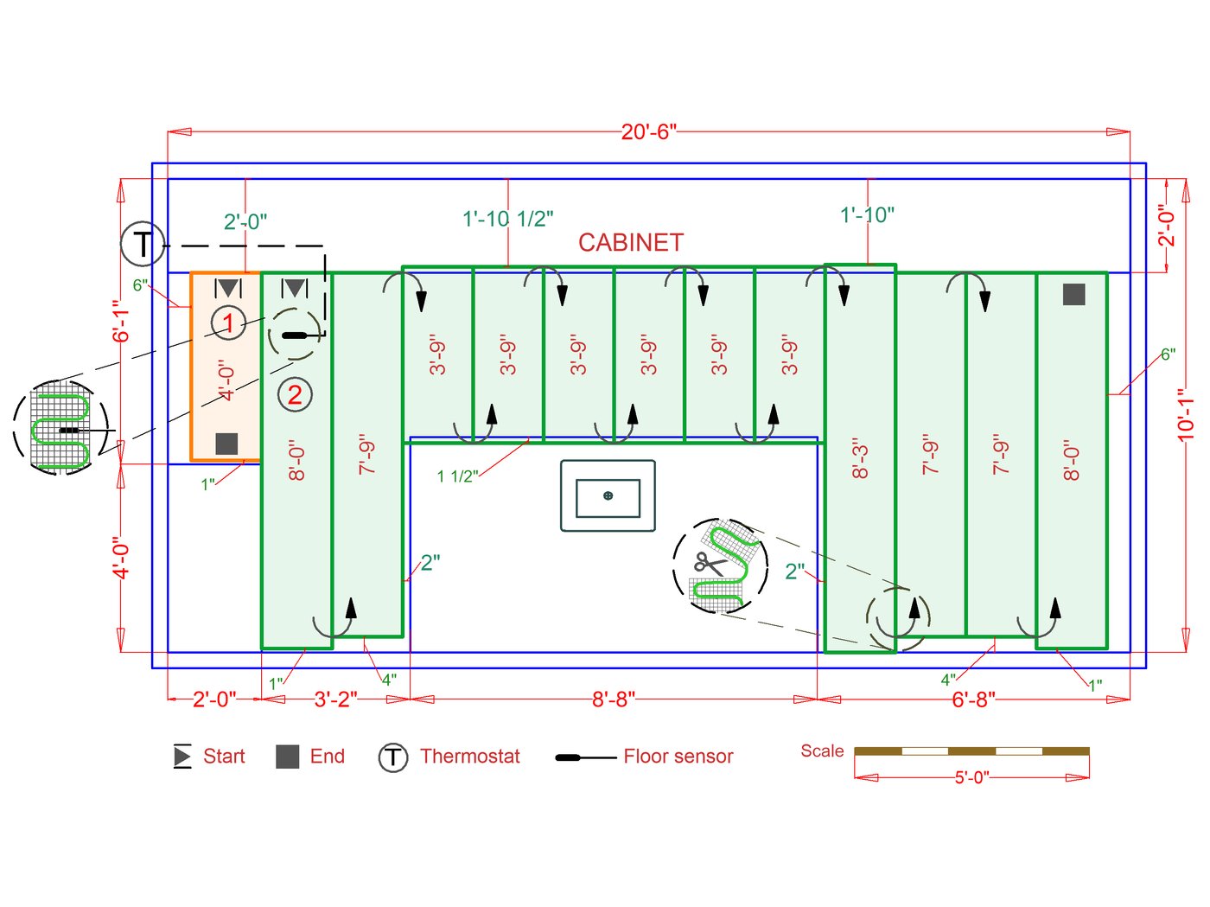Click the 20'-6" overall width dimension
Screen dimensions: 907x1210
(648, 131)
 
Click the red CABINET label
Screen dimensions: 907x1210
(631, 243)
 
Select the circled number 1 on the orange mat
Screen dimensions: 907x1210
(228, 323)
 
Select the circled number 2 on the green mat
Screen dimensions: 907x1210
(295, 395)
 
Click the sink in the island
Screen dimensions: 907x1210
(608, 495)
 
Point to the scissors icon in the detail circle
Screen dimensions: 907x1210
(710, 564)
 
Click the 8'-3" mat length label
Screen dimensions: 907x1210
(860, 458)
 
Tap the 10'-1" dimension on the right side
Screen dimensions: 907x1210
(1186, 414)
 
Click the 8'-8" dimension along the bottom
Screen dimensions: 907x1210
(614, 699)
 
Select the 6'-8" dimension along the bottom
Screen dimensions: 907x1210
(973, 699)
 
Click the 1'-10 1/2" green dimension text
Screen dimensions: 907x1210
(508, 219)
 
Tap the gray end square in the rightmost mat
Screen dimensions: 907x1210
(1073, 295)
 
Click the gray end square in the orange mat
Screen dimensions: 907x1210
(226, 444)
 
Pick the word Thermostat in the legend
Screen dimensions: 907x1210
(470, 757)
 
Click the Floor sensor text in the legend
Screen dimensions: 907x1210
(678, 757)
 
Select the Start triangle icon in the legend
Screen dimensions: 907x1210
(182, 757)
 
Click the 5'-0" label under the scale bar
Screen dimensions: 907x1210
(971, 777)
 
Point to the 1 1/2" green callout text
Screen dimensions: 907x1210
(457, 476)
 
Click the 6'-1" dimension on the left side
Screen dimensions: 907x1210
(121, 321)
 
